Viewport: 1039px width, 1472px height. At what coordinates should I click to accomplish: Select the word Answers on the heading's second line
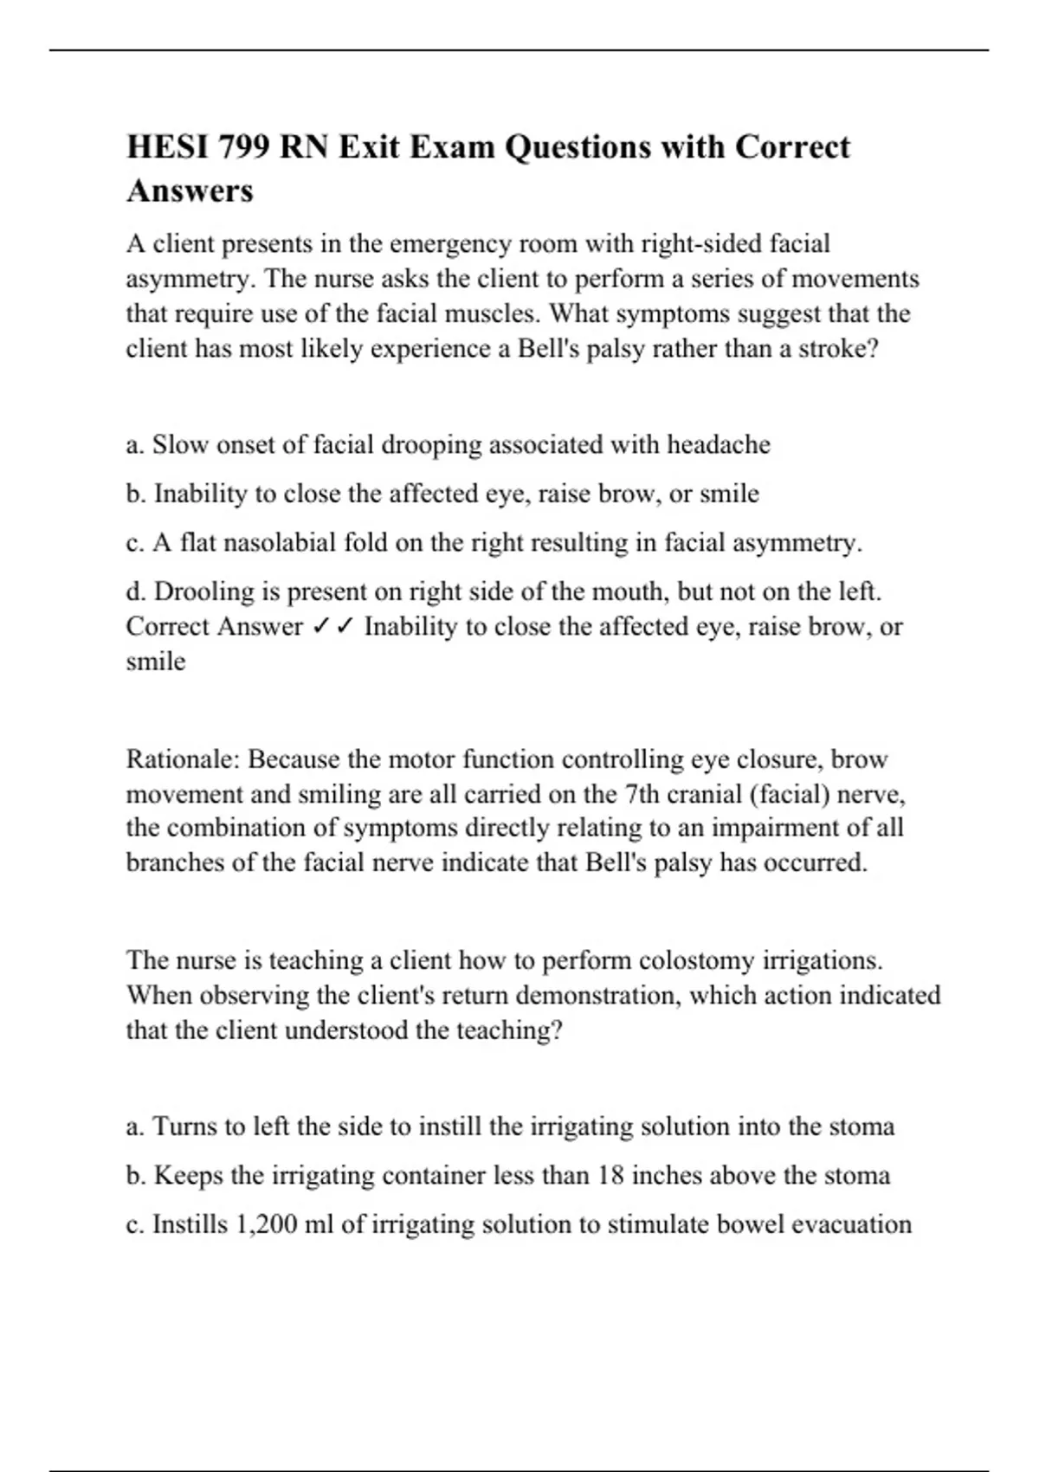[190, 190]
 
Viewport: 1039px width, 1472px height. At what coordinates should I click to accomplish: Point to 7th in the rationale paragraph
[642, 794]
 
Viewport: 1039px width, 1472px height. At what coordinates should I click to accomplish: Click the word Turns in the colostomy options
[184, 1127]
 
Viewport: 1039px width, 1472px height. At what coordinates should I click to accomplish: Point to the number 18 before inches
[610, 1176]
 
